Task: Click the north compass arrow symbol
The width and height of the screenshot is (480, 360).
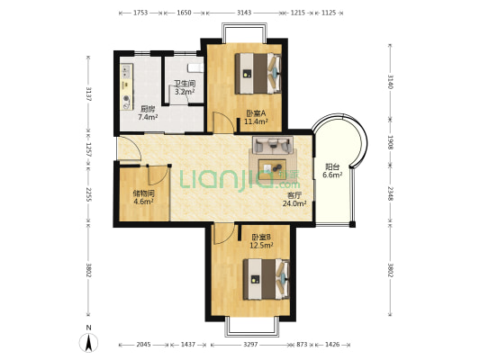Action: (x=89, y=343)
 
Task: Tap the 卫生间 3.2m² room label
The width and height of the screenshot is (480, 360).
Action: (x=185, y=87)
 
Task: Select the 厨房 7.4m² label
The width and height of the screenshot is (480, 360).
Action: (x=148, y=112)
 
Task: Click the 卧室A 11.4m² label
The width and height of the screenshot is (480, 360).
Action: (x=256, y=117)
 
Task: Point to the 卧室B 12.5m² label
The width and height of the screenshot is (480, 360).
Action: (x=261, y=241)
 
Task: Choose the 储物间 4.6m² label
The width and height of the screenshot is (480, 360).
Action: (x=143, y=197)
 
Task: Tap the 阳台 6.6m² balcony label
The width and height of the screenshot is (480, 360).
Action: (x=332, y=171)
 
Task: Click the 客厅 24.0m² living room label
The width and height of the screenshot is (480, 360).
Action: (x=294, y=200)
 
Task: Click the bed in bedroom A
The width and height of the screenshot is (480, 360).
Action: (x=258, y=74)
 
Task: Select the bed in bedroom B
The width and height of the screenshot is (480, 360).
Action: (x=266, y=279)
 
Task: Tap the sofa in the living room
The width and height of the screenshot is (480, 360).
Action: (x=273, y=145)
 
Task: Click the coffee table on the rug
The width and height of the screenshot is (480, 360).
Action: (x=272, y=167)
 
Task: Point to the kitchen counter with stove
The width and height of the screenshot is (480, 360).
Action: (x=126, y=86)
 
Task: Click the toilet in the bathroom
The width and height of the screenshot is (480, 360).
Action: (x=195, y=67)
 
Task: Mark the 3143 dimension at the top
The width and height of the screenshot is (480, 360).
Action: (x=244, y=13)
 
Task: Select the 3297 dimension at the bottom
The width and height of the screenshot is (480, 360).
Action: (x=250, y=345)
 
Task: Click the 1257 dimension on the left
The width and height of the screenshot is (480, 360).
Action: (x=88, y=149)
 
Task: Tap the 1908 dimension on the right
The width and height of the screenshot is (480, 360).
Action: (x=390, y=142)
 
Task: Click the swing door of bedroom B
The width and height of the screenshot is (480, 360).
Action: (x=223, y=234)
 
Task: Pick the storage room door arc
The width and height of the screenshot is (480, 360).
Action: (x=158, y=175)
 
